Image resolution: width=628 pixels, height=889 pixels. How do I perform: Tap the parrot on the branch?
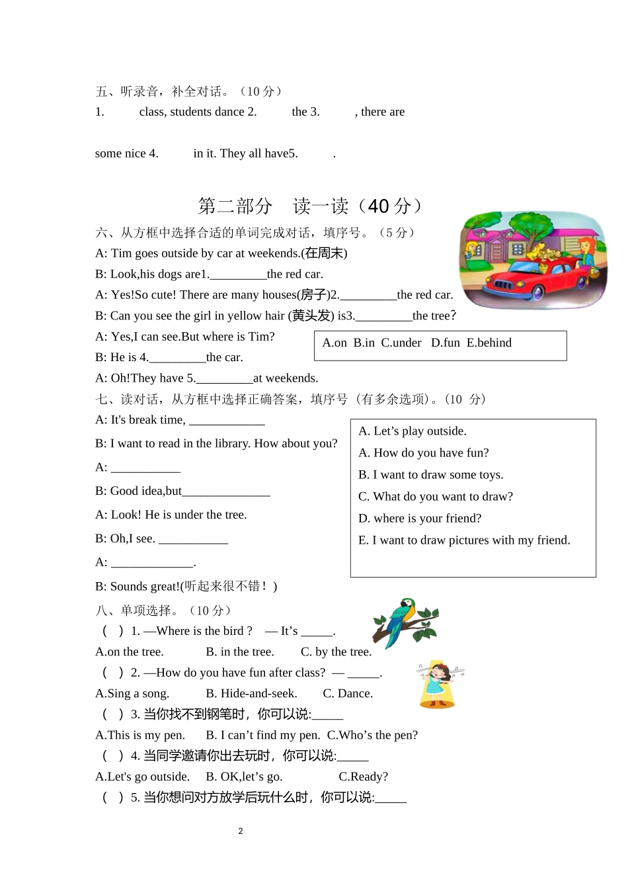[402, 622]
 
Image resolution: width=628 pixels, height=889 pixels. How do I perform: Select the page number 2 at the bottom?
[241, 831]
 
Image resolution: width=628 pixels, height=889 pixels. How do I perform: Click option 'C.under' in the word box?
[401, 343]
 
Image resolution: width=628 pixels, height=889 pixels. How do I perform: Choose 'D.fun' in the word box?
[446, 343]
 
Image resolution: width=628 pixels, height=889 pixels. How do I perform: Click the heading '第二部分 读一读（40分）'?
[310, 206]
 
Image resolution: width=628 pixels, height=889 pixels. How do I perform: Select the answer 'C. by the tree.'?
[336, 652]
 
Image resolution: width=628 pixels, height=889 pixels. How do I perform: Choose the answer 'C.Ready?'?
[363, 777]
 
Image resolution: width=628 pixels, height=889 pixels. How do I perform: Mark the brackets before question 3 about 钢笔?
[112, 714]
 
